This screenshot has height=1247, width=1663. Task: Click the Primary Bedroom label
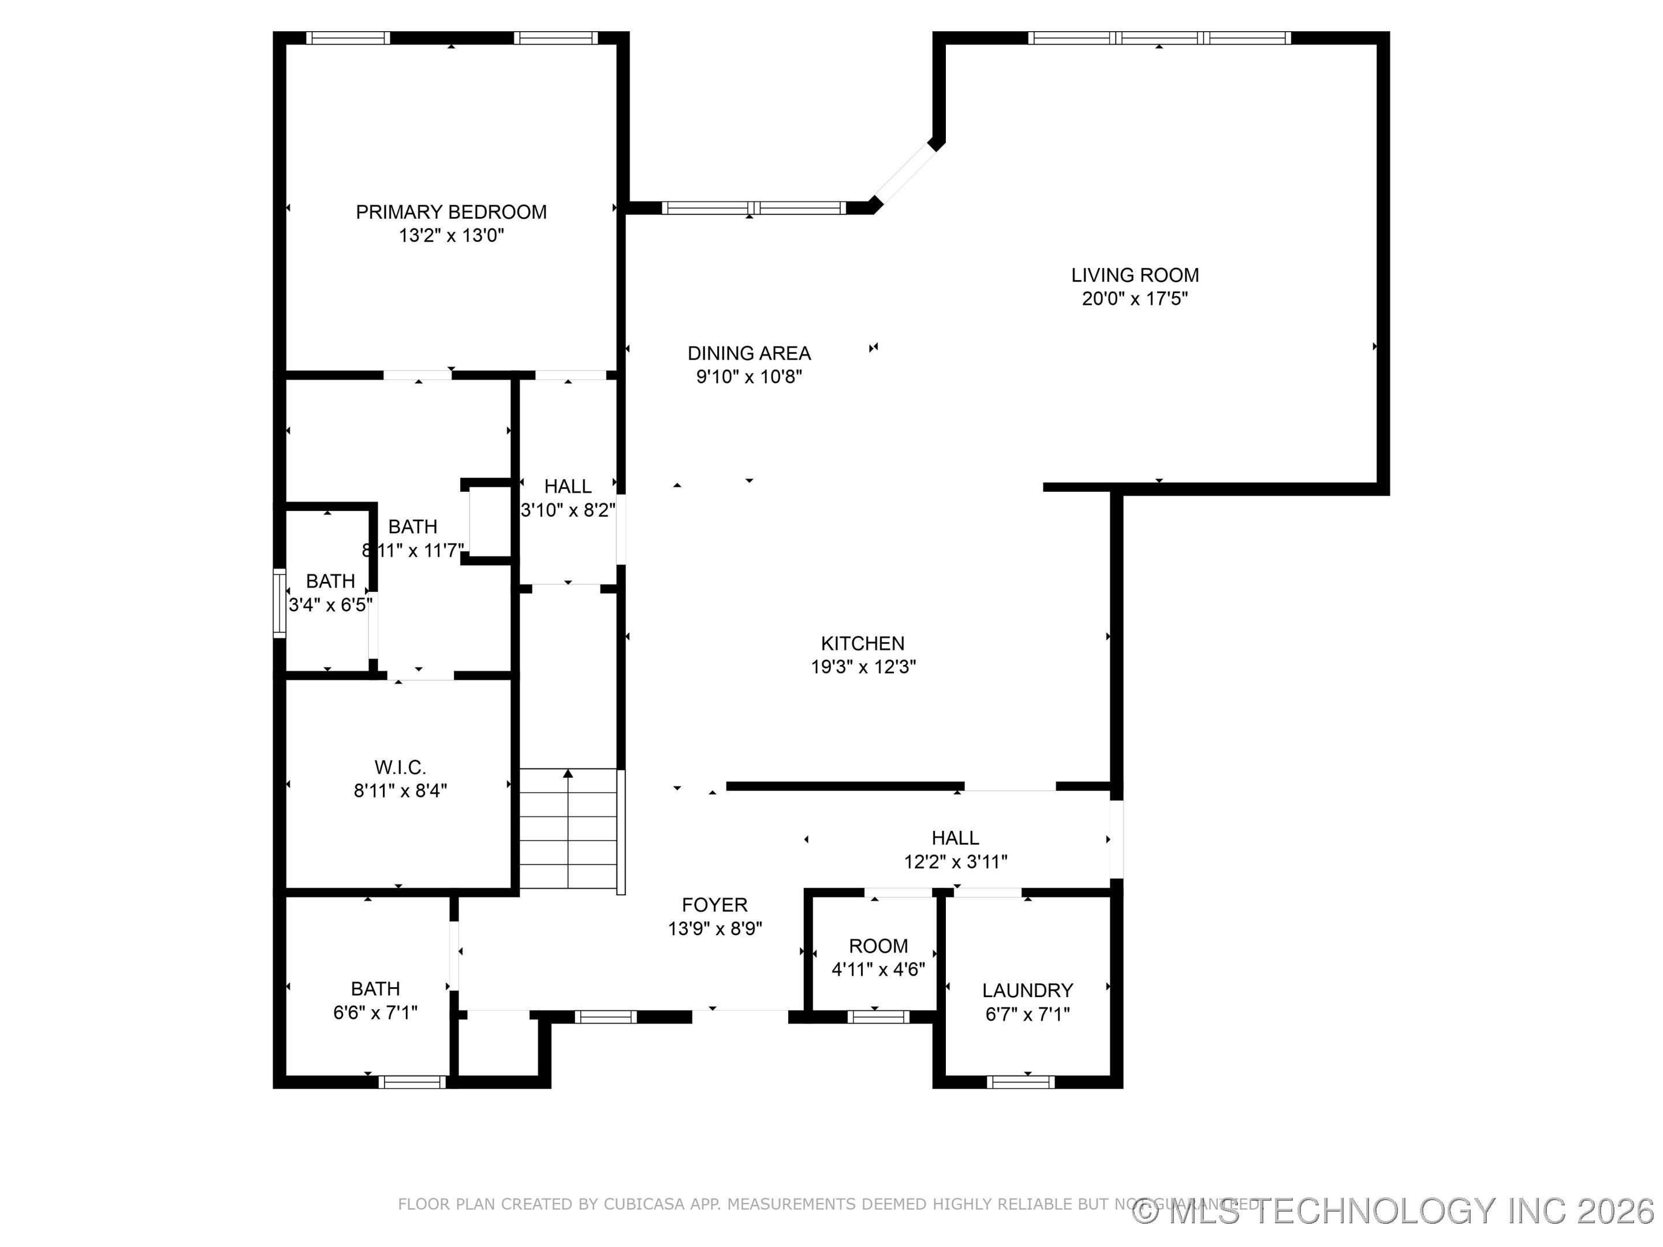[450, 212]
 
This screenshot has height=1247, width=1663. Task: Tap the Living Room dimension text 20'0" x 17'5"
[1135, 299]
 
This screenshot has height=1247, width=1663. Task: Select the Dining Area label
[749, 353]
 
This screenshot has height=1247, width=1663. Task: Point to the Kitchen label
[862, 644]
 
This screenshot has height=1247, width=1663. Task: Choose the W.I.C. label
[400, 767]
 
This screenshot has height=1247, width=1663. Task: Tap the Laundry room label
[1027, 991]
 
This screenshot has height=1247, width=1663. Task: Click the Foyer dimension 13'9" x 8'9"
[714, 929]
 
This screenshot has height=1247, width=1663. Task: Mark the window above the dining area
[754, 208]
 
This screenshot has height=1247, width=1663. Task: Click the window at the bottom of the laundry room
[1020, 1082]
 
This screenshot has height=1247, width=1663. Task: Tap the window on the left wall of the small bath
[279, 603]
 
